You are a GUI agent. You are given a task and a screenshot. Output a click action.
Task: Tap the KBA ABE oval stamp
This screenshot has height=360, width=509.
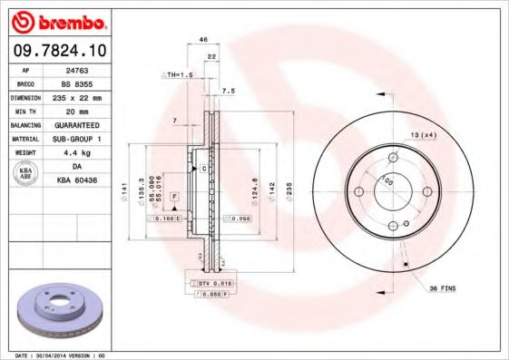[25, 174]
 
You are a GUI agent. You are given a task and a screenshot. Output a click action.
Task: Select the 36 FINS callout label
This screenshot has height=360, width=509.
[444, 288]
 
